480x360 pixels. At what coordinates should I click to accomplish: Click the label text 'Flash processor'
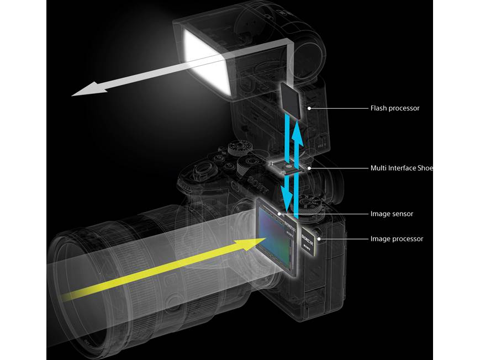coord(394,108)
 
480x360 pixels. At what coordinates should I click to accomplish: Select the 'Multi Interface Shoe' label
coord(402,168)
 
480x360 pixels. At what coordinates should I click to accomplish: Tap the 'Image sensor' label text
coord(392,214)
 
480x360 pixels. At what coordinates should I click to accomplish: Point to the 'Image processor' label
coord(397,239)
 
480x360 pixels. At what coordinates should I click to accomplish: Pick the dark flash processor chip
coord(292,100)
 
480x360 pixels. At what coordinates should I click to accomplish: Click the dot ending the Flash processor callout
coord(309,109)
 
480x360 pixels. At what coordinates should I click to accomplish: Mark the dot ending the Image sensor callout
coord(280,214)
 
